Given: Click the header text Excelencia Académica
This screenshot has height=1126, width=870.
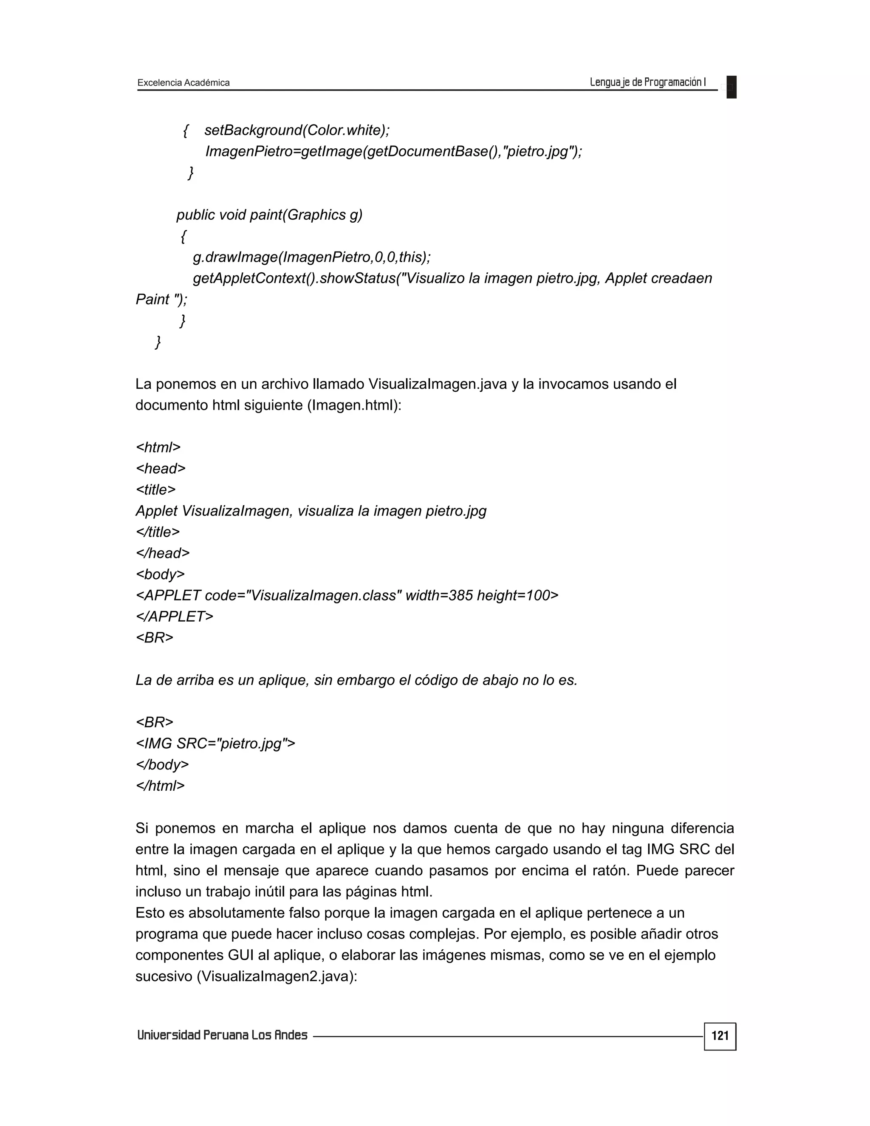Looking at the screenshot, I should [x=184, y=82].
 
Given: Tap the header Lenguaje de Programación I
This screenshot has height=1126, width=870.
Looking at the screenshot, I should [x=647, y=82].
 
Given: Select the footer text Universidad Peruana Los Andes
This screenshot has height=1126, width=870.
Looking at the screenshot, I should [x=222, y=1035].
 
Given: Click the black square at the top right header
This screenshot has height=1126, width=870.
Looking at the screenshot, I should [x=732, y=87].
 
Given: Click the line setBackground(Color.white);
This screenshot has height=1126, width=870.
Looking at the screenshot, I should [x=297, y=130].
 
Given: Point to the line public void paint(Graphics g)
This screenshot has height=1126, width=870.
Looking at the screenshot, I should [x=270, y=215].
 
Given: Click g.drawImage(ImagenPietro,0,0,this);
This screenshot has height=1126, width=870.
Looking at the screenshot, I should [x=312, y=257].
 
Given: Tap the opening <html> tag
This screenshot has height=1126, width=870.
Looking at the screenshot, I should [x=158, y=447].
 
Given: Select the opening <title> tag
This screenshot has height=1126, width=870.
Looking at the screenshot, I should [x=155, y=489].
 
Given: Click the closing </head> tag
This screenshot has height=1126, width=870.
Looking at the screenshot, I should [x=163, y=553].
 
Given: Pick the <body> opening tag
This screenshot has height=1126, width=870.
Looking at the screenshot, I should [x=160, y=574].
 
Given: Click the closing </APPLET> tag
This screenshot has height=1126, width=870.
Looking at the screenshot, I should [x=174, y=616].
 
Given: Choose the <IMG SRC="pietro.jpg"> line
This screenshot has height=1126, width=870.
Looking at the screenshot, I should [x=215, y=743].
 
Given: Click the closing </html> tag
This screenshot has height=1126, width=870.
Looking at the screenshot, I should [x=160, y=785].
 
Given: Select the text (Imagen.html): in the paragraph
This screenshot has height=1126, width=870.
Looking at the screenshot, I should [x=354, y=405].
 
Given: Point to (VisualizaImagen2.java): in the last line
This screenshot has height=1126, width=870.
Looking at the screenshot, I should [x=277, y=976].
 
